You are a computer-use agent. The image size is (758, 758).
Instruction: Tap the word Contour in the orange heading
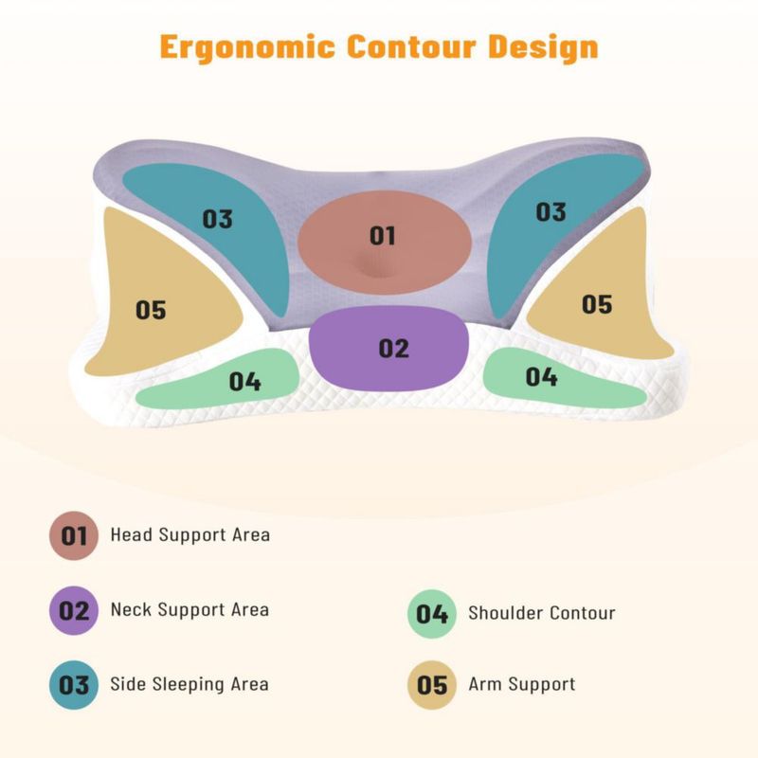tap(411, 46)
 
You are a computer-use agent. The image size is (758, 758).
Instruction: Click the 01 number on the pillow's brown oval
tap(383, 236)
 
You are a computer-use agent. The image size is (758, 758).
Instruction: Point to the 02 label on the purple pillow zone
tap(393, 349)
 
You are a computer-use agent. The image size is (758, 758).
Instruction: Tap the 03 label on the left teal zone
tap(218, 219)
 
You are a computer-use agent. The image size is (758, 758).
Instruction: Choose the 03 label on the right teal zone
tap(551, 212)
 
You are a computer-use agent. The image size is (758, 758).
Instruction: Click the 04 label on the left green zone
tap(245, 382)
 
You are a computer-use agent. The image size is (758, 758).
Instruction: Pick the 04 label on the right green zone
tap(541, 376)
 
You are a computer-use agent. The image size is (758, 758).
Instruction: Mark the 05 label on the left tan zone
tap(151, 310)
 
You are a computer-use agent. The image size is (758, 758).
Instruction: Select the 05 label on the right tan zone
tap(597, 304)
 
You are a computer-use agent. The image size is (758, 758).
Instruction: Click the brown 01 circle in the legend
tap(74, 535)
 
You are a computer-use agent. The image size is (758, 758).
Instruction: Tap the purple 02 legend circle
tap(74, 610)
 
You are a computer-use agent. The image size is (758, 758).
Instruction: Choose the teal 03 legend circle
tap(74, 685)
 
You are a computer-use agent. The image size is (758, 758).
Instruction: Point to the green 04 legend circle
tap(432, 614)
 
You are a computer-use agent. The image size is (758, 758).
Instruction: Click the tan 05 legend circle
tap(432, 685)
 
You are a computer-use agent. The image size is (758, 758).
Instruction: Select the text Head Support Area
tap(190, 534)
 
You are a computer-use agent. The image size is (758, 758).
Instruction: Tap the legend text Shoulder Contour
tap(542, 613)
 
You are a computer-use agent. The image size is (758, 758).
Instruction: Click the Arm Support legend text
tap(522, 685)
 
